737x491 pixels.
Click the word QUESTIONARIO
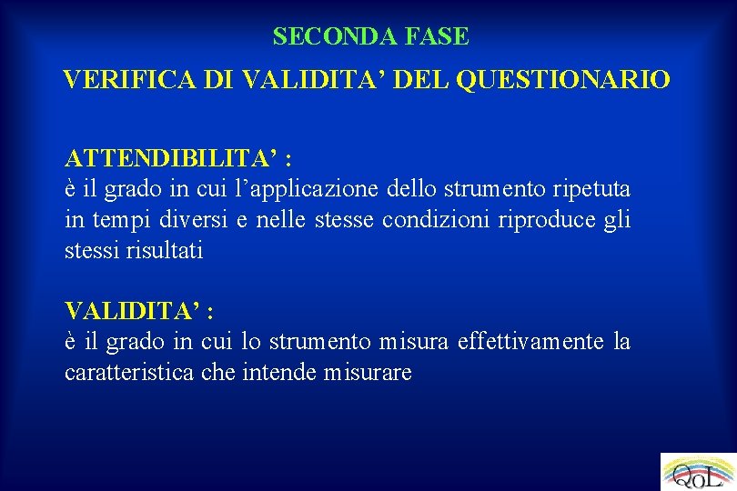tap(563, 80)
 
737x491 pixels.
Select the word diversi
tap(180, 220)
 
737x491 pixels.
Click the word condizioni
tap(438, 220)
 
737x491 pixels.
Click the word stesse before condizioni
tap(344, 220)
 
